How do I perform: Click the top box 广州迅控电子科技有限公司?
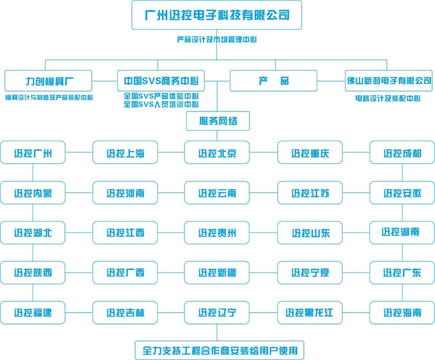(x=217, y=15)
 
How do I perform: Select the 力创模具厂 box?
(x=49, y=81)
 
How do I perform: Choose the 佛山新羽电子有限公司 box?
(x=389, y=81)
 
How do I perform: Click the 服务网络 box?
(x=217, y=121)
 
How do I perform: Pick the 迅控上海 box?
(x=125, y=153)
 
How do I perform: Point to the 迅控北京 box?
(x=217, y=153)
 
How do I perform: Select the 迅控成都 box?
(x=402, y=153)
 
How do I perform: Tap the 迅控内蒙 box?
(x=33, y=193)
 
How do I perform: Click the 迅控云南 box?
(x=217, y=193)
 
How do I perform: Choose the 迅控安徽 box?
(x=402, y=193)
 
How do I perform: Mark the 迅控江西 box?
(x=125, y=233)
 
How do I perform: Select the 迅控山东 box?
(x=310, y=233)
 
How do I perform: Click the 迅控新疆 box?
(x=217, y=272)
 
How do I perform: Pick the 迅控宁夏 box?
(x=310, y=272)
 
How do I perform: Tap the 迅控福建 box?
(x=33, y=312)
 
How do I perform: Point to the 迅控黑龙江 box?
(x=310, y=312)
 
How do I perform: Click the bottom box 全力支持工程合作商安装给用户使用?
(x=217, y=350)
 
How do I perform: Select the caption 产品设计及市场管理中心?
(x=217, y=40)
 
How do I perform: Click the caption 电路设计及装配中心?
(x=388, y=98)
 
